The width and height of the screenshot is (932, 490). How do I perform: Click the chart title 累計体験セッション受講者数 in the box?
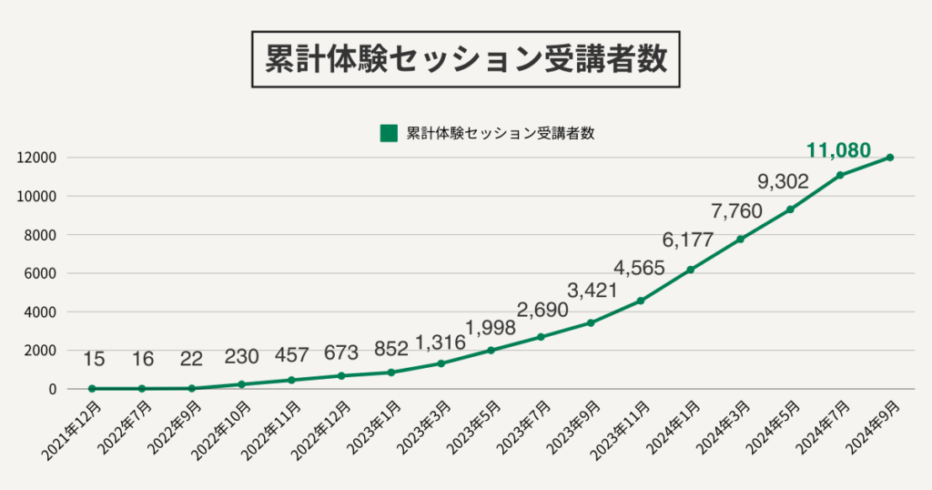tap(466, 59)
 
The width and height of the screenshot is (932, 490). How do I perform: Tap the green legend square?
tap(389, 133)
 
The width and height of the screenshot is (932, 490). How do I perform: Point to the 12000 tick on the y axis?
tap(37, 158)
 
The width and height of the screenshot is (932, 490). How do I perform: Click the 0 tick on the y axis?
tap(53, 389)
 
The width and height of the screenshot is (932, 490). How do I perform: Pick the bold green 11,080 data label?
tap(838, 150)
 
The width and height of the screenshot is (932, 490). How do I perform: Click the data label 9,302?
tap(783, 182)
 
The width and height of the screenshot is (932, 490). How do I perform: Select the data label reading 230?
tap(242, 356)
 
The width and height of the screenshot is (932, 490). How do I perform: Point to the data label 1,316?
tap(441, 342)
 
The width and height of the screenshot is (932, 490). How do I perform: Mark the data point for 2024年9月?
tap(890, 158)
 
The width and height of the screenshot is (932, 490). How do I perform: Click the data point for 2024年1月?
tap(691, 270)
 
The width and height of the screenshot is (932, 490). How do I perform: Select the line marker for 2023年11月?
tap(641, 301)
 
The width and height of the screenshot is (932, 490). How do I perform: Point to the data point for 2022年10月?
tap(241, 384)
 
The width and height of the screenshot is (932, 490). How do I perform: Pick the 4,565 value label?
tap(639, 269)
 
